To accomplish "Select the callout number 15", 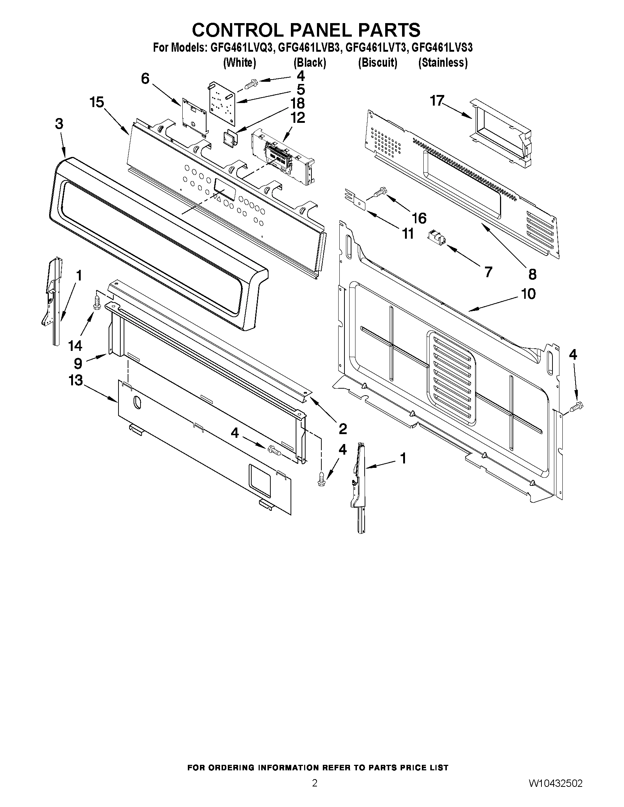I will pyautogui.click(x=97, y=102).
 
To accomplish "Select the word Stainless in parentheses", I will pyautogui.click(x=443, y=63).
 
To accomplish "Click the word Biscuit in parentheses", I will pyautogui.click(x=378, y=63).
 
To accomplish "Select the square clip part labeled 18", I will pyautogui.click(x=230, y=138).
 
